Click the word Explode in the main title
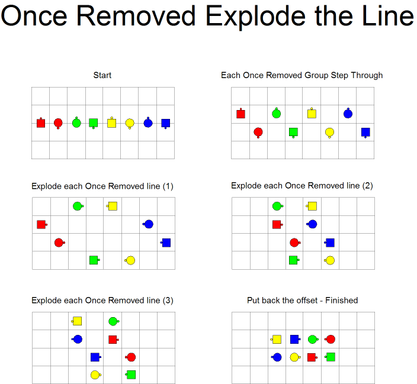[x=256, y=17]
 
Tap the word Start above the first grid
[x=102, y=75]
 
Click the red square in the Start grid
[x=41, y=123]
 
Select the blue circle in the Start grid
[x=148, y=123]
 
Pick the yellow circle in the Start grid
[x=130, y=123]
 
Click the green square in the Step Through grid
[x=293, y=133]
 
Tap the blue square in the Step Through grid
[x=365, y=133]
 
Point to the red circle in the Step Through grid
[x=258, y=133]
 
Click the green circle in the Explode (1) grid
[x=78, y=206]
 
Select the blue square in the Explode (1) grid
[x=166, y=243]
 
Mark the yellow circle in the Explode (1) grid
[x=130, y=260]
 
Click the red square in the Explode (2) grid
[x=277, y=224]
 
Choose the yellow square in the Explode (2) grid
[x=312, y=206]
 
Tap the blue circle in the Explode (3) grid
[x=77, y=339]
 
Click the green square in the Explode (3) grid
[x=130, y=375]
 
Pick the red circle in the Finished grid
[x=330, y=339]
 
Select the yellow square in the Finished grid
[x=276, y=339]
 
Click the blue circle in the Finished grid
[x=277, y=357]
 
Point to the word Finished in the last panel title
[x=341, y=301]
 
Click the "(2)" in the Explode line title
[x=367, y=185]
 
